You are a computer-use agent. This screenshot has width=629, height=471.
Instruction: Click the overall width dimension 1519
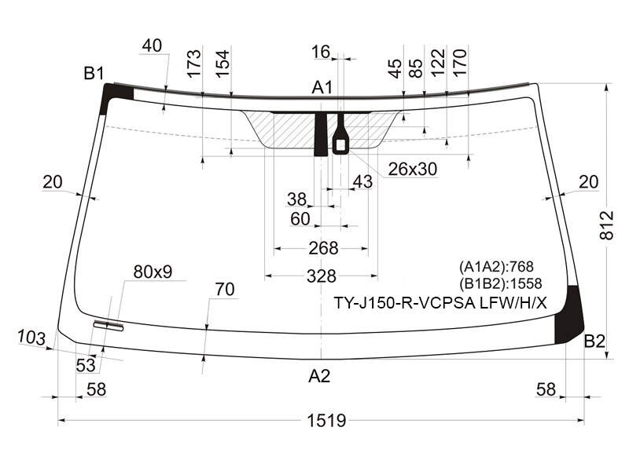point(326,421)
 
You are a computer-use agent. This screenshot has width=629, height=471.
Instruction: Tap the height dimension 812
point(606,225)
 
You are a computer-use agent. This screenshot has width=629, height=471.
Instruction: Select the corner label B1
point(94,73)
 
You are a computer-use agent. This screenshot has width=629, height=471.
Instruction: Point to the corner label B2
point(594,341)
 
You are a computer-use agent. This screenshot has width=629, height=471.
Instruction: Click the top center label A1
point(322,87)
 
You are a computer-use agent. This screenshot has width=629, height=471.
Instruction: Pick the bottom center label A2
point(319,376)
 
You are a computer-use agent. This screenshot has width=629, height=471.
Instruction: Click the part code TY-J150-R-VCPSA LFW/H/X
point(440,303)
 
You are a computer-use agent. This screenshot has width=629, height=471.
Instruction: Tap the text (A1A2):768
point(496,266)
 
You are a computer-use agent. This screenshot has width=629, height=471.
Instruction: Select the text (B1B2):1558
point(501,283)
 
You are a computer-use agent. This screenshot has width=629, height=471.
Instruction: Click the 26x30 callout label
point(412,170)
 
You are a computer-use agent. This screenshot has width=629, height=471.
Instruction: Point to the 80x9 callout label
point(153,272)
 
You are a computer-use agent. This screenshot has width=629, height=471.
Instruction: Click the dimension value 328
point(321,276)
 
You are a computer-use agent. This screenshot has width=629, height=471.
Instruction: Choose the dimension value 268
point(323,248)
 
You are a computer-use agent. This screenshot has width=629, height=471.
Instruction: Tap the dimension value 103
point(31,338)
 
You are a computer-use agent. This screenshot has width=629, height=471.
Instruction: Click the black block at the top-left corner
point(116,95)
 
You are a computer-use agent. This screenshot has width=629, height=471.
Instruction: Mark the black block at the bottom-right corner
point(568,316)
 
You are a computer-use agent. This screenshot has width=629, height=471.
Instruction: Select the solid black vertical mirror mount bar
point(321,134)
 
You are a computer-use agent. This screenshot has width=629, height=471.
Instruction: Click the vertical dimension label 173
point(193,63)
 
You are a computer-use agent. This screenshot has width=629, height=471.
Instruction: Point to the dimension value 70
point(225,289)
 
